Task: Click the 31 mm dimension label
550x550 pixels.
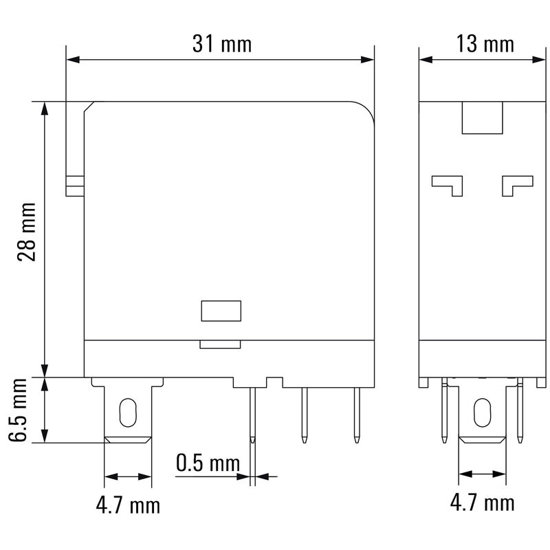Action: [x=222, y=44]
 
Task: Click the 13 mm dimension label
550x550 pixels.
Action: [x=485, y=44]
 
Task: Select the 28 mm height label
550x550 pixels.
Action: [x=27, y=232]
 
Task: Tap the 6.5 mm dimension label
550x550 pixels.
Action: [x=19, y=410]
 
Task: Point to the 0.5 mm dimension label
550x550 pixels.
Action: [x=208, y=463]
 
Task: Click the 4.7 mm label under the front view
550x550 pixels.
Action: [x=128, y=505]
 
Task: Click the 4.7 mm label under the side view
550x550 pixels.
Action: [x=483, y=503]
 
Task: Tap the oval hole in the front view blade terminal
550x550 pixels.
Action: [x=128, y=412]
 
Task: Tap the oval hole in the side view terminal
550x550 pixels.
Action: [x=483, y=412]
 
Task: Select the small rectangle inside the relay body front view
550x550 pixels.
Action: [x=221, y=311]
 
